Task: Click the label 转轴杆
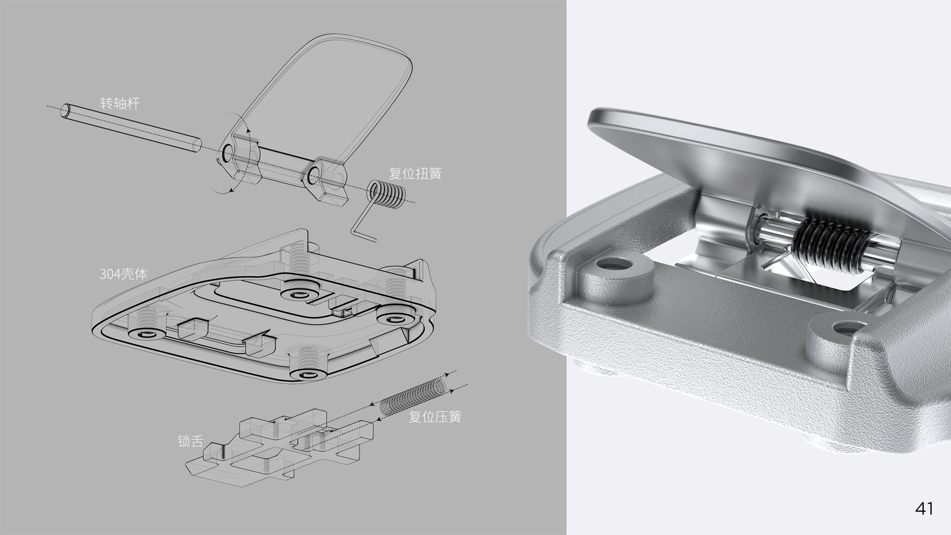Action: coord(120,103)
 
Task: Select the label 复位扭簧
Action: coord(415,173)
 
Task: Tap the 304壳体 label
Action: coord(123,273)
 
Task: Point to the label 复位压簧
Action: coord(434,417)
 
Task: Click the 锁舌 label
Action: coord(190,441)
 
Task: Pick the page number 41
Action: coord(924,508)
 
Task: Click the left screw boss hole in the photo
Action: coord(614,265)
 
